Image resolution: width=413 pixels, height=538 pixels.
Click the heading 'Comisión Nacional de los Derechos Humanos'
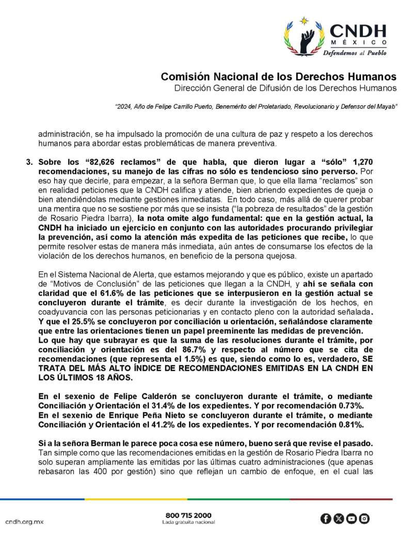278,76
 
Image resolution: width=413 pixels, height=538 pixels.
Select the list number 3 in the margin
29,162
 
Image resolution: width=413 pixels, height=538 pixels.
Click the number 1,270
361,162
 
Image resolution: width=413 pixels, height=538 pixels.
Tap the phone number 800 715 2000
188,515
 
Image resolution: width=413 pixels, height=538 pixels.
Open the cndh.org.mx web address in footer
24,521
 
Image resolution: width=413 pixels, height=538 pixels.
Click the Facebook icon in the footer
325,518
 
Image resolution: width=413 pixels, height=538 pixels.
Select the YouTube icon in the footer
351,518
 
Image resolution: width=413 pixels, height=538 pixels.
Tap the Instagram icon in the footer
364,518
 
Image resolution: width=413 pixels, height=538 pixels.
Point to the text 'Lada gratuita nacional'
188,523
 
